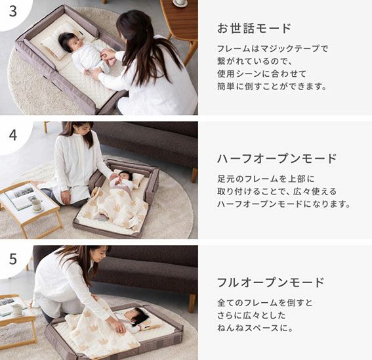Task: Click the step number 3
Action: point(13,11)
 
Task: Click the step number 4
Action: point(13,135)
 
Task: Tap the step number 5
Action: point(13,259)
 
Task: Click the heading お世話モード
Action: point(254,28)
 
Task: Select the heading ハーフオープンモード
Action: point(277,158)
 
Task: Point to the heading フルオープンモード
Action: point(271,282)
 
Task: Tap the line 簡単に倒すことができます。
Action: point(272,86)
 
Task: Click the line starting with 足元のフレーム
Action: point(266,179)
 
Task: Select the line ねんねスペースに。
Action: point(255,328)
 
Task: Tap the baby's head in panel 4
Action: point(125,176)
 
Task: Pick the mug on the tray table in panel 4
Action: point(37,204)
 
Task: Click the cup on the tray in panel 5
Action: point(17,309)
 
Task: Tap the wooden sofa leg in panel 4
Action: point(194,175)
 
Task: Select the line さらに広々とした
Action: point(251,315)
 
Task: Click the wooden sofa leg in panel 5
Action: point(192,304)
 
